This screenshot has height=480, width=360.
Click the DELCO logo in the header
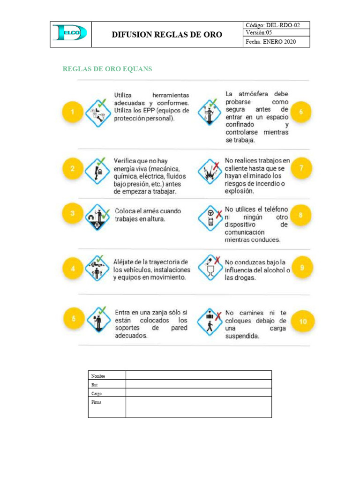click(x=70, y=33)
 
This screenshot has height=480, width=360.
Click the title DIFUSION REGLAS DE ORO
click(x=167, y=35)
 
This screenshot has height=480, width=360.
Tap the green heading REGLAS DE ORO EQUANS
click(x=107, y=69)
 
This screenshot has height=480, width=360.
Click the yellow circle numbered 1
click(x=73, y=112)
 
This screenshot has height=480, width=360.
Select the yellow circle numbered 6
click(x=301, y=112)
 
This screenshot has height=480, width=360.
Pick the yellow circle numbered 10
click(x=303, y=322)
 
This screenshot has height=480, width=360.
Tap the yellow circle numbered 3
click(x=73, y=214)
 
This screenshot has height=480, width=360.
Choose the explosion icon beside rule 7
click(x=209, y=171)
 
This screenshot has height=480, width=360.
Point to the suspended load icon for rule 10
click(x=210, y=321)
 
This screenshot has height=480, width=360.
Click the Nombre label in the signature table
click(x=98, y=376)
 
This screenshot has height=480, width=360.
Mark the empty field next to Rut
click(x=198, y=384)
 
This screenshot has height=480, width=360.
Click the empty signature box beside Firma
click(x=198, y=406)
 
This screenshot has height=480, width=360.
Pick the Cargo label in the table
click(x=97, y=393)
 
